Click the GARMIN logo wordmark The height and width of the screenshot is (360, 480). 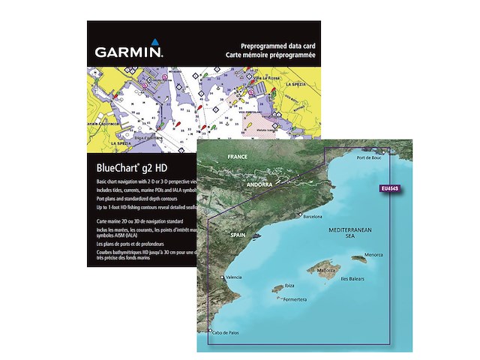point(128,54)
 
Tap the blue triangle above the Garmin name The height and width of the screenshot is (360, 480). point(153,42)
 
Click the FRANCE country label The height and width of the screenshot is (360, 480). point(237,159)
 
